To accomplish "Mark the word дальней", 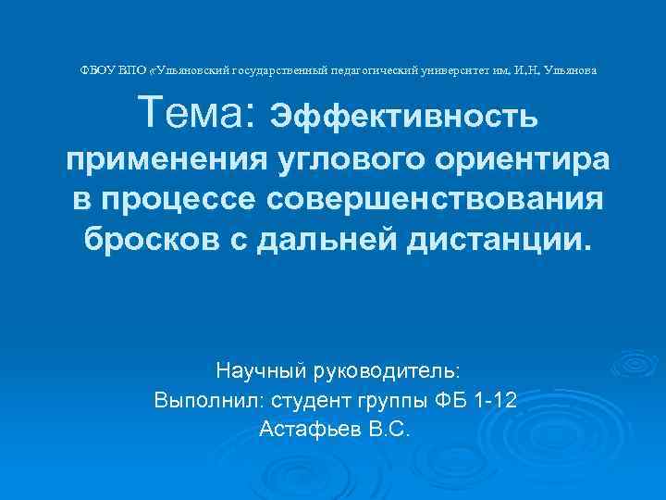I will coord(314,241).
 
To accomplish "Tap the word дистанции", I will coord(500,241).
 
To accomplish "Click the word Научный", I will coord(253,371).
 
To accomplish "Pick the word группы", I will coord(389,402).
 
